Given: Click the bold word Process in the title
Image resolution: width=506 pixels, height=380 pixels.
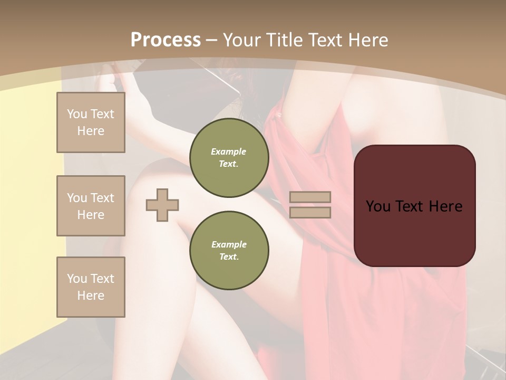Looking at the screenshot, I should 166,40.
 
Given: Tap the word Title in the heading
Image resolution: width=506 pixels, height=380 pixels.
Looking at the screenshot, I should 285,40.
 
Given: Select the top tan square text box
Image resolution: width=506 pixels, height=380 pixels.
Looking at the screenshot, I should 91,122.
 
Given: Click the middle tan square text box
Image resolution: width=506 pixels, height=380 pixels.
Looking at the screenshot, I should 91,206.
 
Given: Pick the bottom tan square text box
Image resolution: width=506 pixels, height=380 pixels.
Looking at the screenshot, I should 91,287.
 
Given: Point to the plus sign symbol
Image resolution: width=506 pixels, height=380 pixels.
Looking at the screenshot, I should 162,205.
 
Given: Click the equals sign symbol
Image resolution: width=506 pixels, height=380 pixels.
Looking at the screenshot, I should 310,205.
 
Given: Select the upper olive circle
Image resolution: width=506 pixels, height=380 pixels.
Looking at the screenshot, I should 229,158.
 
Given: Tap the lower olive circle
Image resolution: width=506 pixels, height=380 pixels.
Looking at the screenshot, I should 229,251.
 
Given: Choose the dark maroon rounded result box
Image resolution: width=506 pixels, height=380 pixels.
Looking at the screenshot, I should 415,205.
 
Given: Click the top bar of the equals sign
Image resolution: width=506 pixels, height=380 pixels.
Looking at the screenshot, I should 310,197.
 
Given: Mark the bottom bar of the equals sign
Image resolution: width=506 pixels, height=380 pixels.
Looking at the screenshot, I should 310,212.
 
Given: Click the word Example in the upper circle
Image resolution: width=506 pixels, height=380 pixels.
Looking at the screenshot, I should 229,151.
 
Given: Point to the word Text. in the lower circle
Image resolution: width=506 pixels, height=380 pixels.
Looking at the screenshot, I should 229,256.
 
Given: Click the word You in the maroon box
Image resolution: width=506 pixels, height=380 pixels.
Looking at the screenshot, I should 378,206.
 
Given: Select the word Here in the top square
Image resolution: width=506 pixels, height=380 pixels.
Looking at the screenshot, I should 91,131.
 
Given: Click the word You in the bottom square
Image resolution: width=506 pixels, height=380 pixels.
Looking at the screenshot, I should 77,279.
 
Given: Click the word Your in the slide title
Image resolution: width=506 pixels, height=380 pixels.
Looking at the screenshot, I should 243,40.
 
